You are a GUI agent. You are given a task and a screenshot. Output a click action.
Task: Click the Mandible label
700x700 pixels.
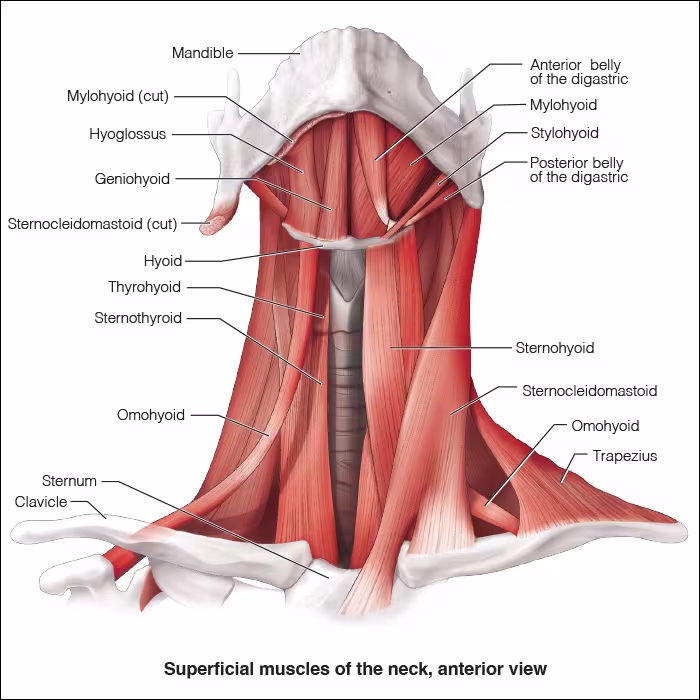(202, 53)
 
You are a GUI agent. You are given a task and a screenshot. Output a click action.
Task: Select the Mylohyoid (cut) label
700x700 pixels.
(118, 97)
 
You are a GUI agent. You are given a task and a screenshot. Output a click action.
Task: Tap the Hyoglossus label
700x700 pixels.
(129, 134)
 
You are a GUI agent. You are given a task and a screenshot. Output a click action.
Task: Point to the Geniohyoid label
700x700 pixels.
(132, 179)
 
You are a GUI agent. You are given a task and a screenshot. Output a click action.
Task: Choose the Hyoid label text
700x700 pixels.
(163, 261)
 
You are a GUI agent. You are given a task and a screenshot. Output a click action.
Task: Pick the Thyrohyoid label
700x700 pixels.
(145, 288)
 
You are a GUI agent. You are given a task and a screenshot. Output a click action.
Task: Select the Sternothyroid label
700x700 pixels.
(138, 319)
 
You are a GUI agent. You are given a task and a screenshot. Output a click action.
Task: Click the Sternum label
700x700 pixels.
(69, 481)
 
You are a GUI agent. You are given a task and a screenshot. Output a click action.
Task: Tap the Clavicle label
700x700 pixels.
(41, 501)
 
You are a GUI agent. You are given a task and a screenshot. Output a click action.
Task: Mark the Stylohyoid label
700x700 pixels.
(564, 133)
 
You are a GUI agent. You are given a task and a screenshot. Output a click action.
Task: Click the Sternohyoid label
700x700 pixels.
(555, 348)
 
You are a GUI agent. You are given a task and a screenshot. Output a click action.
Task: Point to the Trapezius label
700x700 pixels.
(624, 456)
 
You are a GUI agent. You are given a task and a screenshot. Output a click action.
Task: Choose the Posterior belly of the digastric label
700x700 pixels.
(577, 170)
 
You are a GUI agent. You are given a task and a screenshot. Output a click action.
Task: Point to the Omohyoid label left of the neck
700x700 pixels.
(151, 415)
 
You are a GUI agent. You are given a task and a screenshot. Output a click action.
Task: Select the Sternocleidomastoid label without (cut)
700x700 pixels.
(589, 391)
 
